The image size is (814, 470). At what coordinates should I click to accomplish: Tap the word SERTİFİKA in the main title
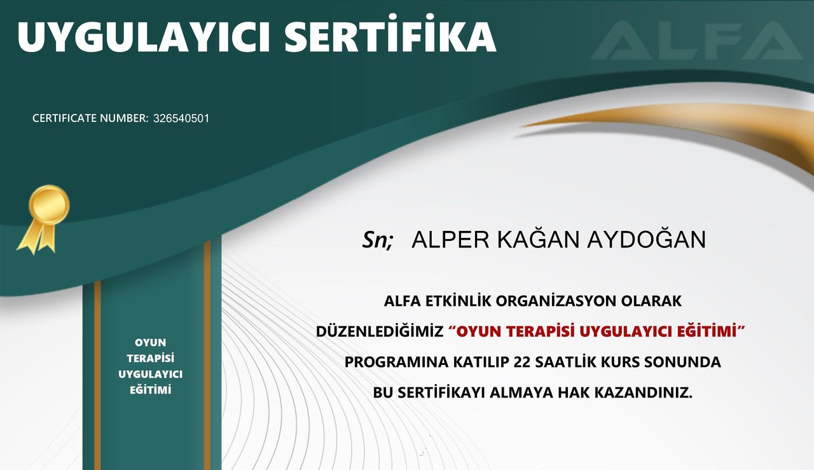[x=390, y=37]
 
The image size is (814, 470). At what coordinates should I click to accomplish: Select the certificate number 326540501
[x=181, y=118]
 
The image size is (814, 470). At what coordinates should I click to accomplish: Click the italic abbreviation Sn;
[x=378, y=240]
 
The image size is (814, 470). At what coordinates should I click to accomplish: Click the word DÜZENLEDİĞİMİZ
[x=379, y=331]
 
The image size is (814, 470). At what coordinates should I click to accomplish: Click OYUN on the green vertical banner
[x=151, y=343]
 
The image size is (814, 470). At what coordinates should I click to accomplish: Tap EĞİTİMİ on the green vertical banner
[x=151, y=390]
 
